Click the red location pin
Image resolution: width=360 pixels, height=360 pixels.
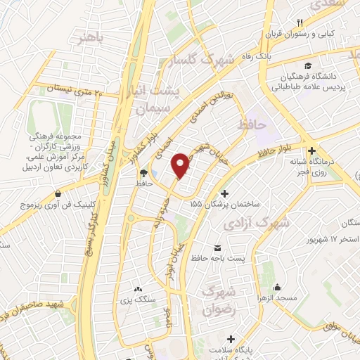181,165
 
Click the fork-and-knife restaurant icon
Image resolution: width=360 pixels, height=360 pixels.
300,23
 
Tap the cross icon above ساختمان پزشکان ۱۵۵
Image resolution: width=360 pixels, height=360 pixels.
224,193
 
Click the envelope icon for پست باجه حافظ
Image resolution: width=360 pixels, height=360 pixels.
217,248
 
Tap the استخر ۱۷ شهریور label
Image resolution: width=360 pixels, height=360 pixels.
311,240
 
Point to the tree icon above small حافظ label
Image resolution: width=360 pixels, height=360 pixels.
144,172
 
